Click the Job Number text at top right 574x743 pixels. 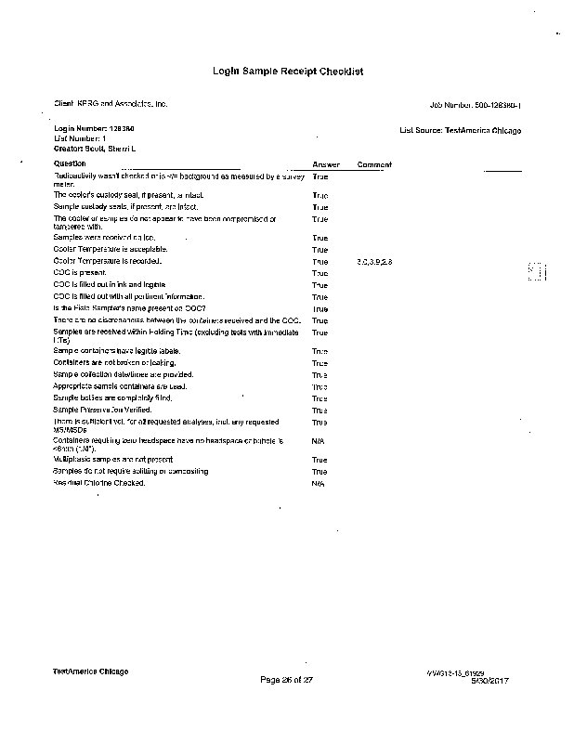(x=476, y=104)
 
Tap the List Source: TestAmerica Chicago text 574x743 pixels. (x=460, y=131)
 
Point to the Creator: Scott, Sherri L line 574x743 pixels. (x=95, y=148)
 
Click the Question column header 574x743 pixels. (x=70, y=164)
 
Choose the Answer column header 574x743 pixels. (x=326, y=164)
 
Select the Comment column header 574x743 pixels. (x=374, y=164)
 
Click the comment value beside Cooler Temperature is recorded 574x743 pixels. (x=374, y=262)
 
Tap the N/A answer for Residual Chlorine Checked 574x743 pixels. (x=318, y=484)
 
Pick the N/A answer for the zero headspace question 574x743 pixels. (x=318, y=441)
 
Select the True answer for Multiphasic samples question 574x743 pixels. (x=320, y=461)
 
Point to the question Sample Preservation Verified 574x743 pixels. (x=102, y=410)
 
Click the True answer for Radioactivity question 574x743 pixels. (x=320, y=176)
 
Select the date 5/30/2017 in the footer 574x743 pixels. (x=490, y=681)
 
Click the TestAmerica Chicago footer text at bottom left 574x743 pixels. (x=90, y=671)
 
